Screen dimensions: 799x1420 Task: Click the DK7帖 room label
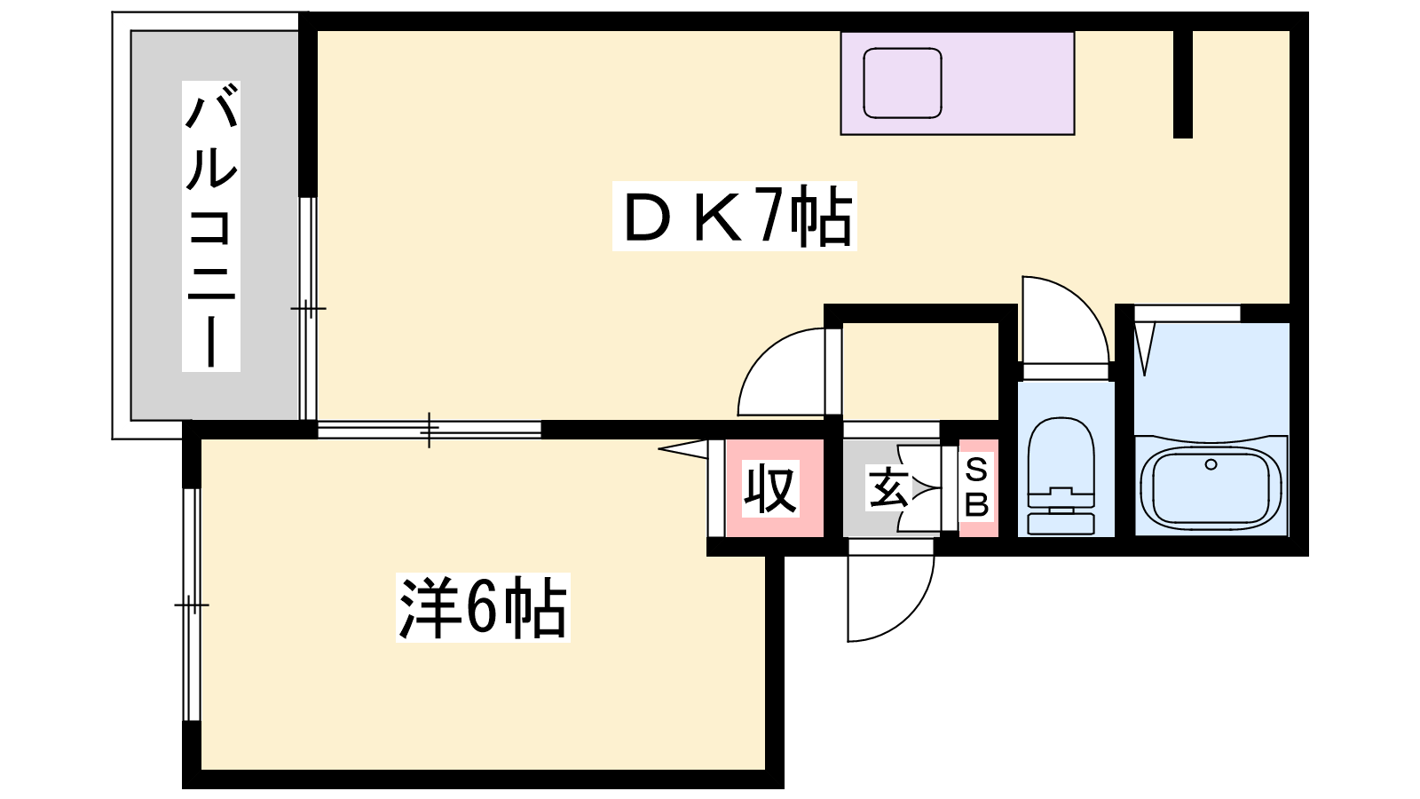click(x=735, y=217)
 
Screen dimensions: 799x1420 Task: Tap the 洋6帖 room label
click(x=482, y=609)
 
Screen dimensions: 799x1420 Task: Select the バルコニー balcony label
click(x=211, y=225)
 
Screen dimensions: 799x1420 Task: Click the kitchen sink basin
click(x=903, y=83)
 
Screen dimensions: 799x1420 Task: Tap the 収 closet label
click(x=770, y=488)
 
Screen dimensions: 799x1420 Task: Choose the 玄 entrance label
click(x=887, y=488)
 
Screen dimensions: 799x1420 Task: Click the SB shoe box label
click(x=977, y=487)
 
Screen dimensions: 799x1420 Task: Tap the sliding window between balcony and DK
click(x=307, y=307)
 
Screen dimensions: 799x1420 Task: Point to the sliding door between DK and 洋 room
click(x=430, y=430)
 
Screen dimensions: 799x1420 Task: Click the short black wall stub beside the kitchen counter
click(x=1182, y=84)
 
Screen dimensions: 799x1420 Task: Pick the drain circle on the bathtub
click(x=1211, y=464)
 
